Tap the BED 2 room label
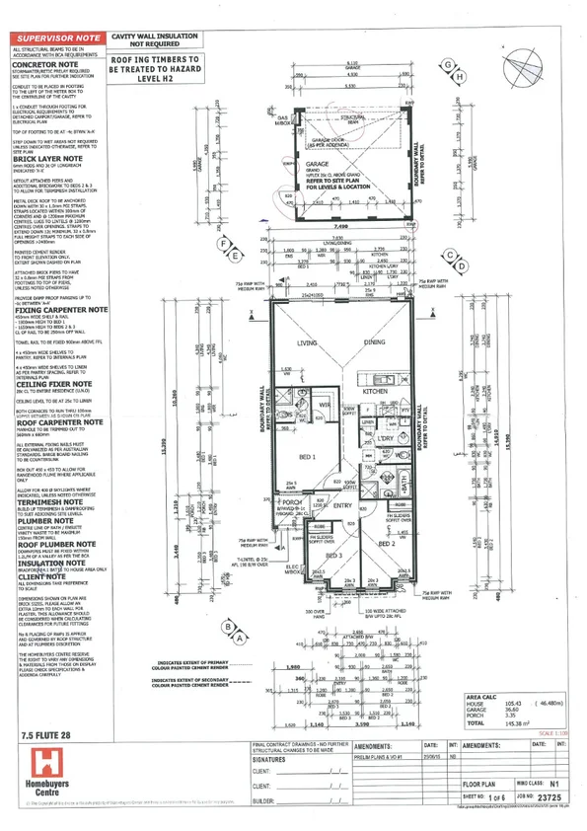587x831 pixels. coord(387,544)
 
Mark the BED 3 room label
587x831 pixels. coord(333,557)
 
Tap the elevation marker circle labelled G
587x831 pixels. coord(450,65)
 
